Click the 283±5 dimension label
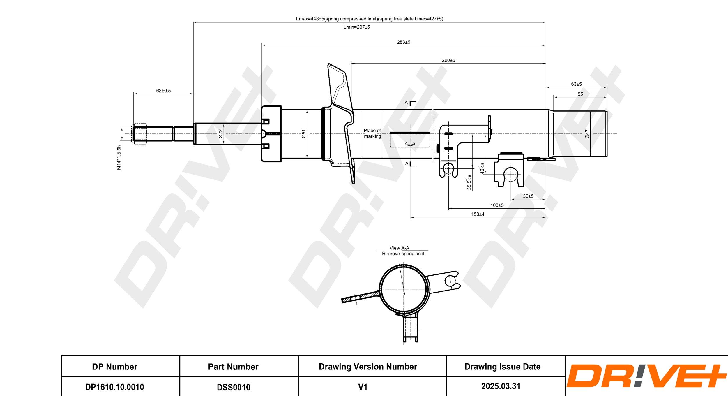pos(403,42)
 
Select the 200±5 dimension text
pos(448,61)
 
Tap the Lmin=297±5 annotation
pos(356,27)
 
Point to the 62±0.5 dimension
pos(163,91)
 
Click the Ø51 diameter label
pos(304,134)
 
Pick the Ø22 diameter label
pos(220,134)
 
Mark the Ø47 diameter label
pos(587,134)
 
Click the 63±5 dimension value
pos(576,84)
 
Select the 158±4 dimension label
pos(478,214)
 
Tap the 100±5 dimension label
pos(497,205)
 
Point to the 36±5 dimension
pos(528,196)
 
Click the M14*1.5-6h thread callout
pos(119,157)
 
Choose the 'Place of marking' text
pos(372,133)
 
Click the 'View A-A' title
pos(399,248)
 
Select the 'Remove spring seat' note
pos(403,254)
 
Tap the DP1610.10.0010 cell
pos(114,387)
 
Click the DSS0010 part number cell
pos(233,387)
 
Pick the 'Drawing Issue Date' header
pos(502,367)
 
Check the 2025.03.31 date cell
pos(501,386)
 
